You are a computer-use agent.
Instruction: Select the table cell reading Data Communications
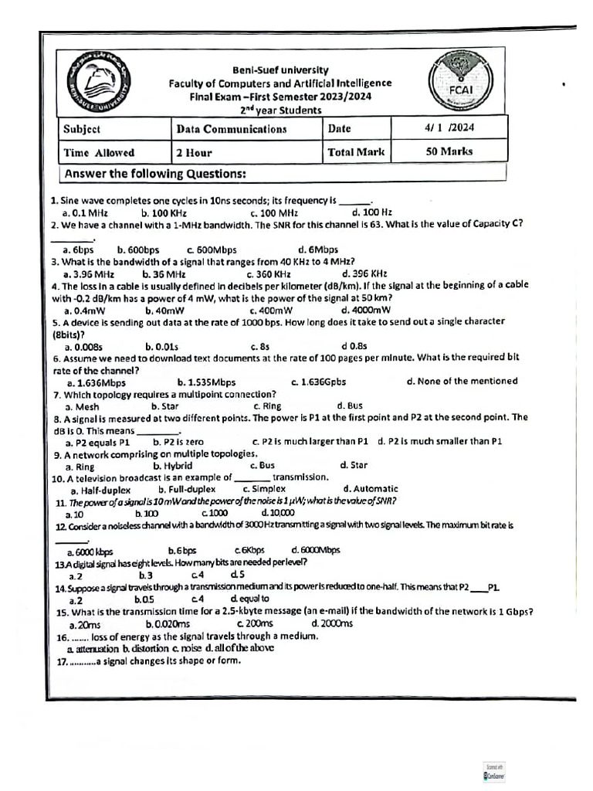click(x=231, y=129)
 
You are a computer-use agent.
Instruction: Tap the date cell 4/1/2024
click(x=449, y=127)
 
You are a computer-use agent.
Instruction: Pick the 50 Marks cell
click(x=449, y=151)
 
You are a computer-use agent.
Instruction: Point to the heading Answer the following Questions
click(x=154, y=173)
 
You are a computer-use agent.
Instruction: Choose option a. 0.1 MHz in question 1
click(x=85, y=212)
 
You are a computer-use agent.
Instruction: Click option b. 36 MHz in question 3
click(x=163, y=273)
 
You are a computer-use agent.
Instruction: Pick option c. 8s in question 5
click(x=259, y=347)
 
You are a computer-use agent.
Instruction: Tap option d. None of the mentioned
click(x=461, y=381)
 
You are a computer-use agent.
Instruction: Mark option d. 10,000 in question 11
click(x=277, y=514)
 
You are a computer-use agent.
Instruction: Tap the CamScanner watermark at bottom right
click(x=493, y=772)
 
